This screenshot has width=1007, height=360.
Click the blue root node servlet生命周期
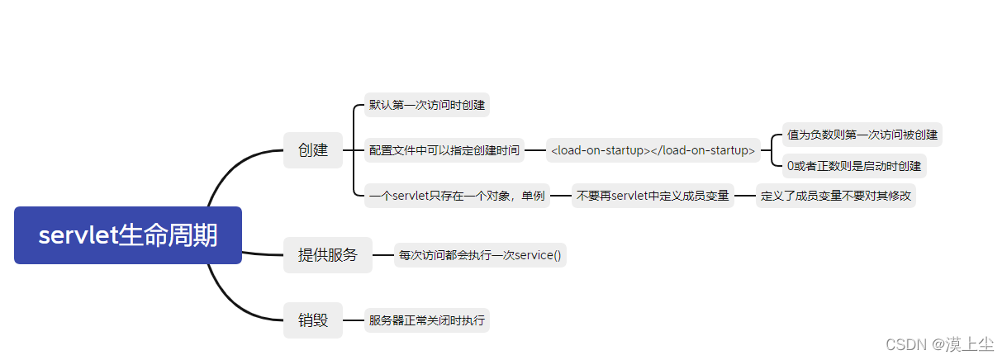[x=128, y=235]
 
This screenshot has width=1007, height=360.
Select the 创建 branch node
[x=313, y=150]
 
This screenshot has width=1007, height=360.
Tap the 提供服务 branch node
[x=328, y=255]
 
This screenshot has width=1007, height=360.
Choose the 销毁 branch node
[x=313, y=320]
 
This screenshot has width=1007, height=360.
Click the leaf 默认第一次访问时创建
[x=427, y=106]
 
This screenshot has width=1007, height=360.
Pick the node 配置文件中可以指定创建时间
[x=444, y=150]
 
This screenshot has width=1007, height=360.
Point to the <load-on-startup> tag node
[x=653, y=150]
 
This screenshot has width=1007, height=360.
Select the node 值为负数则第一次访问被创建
[x=862, y=135]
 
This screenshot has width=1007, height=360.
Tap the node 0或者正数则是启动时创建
[x=854, y=166]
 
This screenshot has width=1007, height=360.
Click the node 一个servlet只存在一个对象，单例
[x=457, y=196]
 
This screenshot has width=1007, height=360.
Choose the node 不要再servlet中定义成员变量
[x=653, y=196]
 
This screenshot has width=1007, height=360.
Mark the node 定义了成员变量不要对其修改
[x=836, y=196]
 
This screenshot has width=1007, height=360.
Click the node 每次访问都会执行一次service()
[x=480, y=255]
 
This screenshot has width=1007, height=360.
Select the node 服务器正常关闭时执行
[x=427, y=320]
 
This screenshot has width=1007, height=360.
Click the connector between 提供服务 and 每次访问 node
[x=383, y=255]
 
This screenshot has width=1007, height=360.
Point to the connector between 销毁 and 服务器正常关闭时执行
[x=354, y=320]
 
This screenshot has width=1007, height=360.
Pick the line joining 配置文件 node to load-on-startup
[x=535, y=150]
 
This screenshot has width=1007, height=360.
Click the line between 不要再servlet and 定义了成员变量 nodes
[x=745, y=196]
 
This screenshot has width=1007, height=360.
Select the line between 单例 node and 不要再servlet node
[x=561, y=196]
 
